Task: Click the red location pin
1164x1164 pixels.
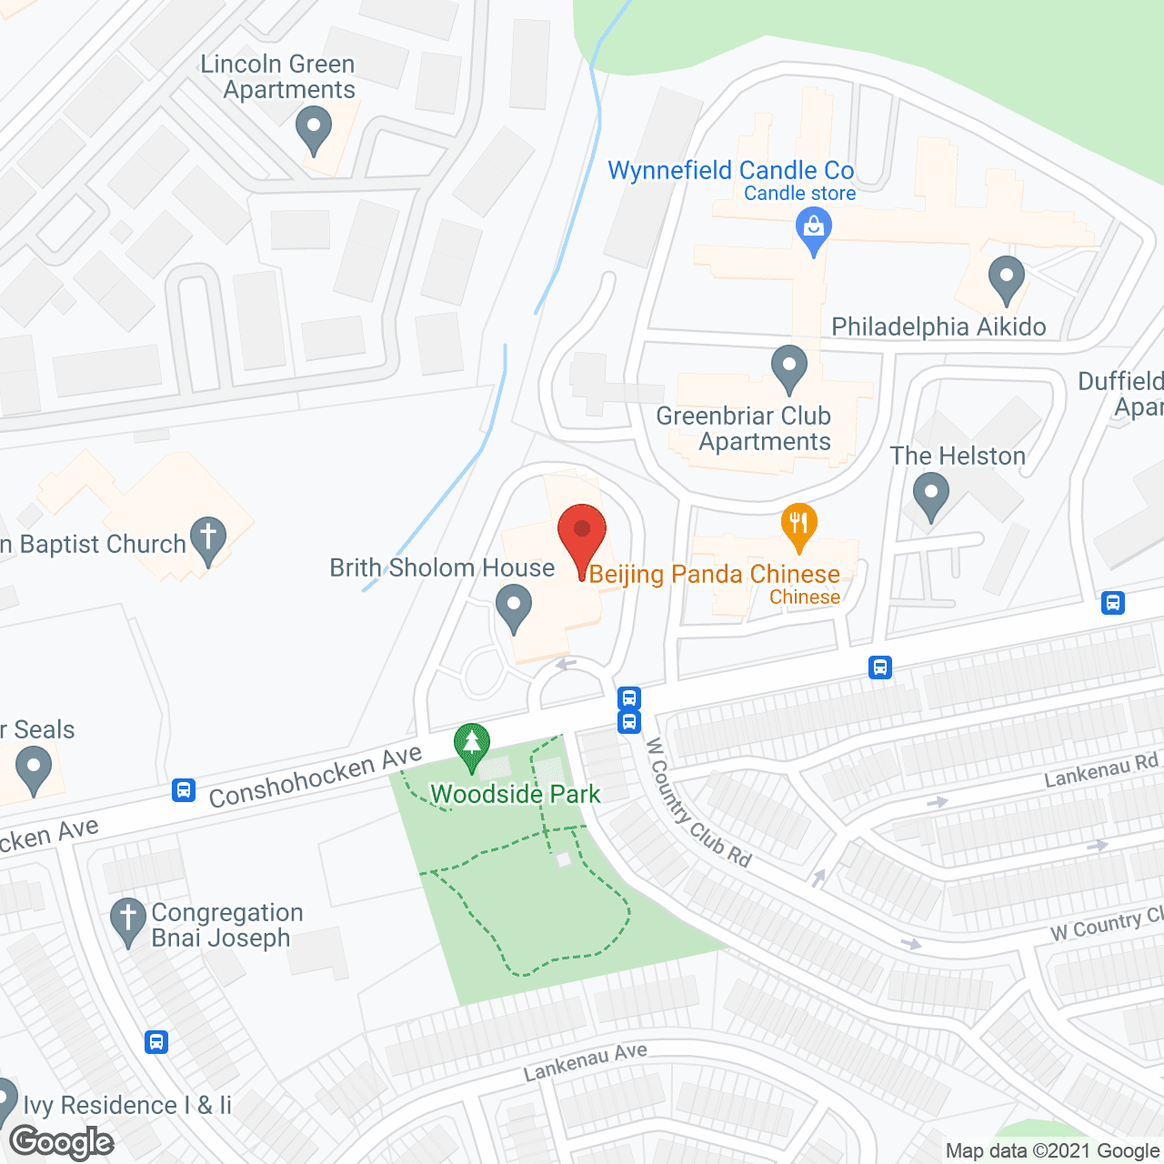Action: click(x=582, y=537)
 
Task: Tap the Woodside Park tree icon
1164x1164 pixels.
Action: click(x=471, y=746)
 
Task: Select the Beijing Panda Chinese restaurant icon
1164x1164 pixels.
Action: click(x=798, y=526)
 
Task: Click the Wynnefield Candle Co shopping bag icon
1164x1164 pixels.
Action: click(x=814, y=229)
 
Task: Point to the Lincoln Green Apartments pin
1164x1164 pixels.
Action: click(x=314, y=129)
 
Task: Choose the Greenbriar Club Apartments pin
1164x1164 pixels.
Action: click(x=788, y=367)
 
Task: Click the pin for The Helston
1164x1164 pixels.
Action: click(x=930, y=497)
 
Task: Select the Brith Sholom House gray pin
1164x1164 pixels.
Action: click(x=514, y=607)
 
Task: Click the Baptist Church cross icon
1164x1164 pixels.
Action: click(x=208, y=539)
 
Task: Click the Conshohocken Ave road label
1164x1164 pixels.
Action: click(x=316, y=776)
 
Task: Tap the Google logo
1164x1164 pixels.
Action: click(x=62, y=1142)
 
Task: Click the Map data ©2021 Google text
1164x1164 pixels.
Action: click(x=1052, y=1150)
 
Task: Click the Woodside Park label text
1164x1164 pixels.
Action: click(x=516, y=794)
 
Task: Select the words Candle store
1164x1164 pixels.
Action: click(x=799, y=193)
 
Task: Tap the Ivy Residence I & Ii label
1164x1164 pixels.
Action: click(x=127, y=1105)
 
